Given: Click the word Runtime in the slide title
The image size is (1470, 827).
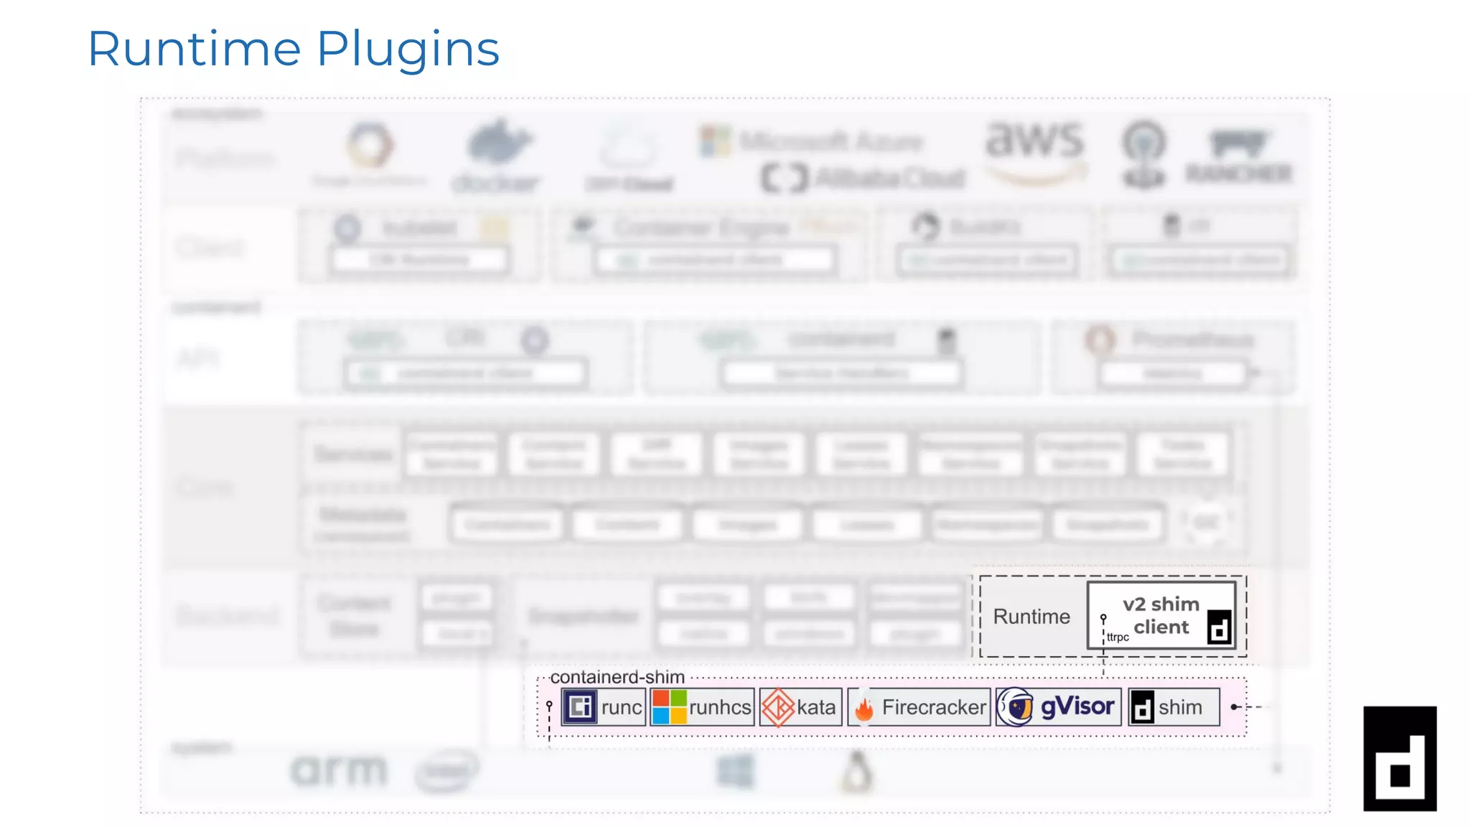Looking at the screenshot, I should coord(194,49).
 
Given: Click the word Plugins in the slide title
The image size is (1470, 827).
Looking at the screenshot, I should coord(408,49).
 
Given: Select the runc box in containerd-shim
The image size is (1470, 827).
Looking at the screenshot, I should coord(604,707).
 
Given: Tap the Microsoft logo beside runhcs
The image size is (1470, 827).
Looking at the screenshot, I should coord(669,707).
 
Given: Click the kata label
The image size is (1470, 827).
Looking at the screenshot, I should coord(816,707).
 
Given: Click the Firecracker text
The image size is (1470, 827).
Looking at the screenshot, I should coord(934,707).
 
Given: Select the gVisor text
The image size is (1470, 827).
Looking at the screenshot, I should coord(1077,706).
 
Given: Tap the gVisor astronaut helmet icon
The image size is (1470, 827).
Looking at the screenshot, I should coord(1016,707).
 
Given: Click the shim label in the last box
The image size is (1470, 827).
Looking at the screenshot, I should coord(1180,707).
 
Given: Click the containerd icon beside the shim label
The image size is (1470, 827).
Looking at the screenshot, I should coord(1142,708).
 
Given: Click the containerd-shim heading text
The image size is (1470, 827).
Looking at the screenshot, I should coord(617,677).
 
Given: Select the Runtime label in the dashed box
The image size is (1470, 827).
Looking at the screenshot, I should coord(1031,617).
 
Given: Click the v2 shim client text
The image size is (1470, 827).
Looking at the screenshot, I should coord(1161,615).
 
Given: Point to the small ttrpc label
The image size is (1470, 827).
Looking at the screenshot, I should coord(1118,637).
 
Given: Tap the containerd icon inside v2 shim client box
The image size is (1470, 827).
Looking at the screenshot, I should coord(1219,627).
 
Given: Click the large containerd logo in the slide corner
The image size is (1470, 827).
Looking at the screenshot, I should coord(1400,759).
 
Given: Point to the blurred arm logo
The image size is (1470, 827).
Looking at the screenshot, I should coord(339,771).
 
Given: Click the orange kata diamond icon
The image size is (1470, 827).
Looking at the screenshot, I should coord(777,707).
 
